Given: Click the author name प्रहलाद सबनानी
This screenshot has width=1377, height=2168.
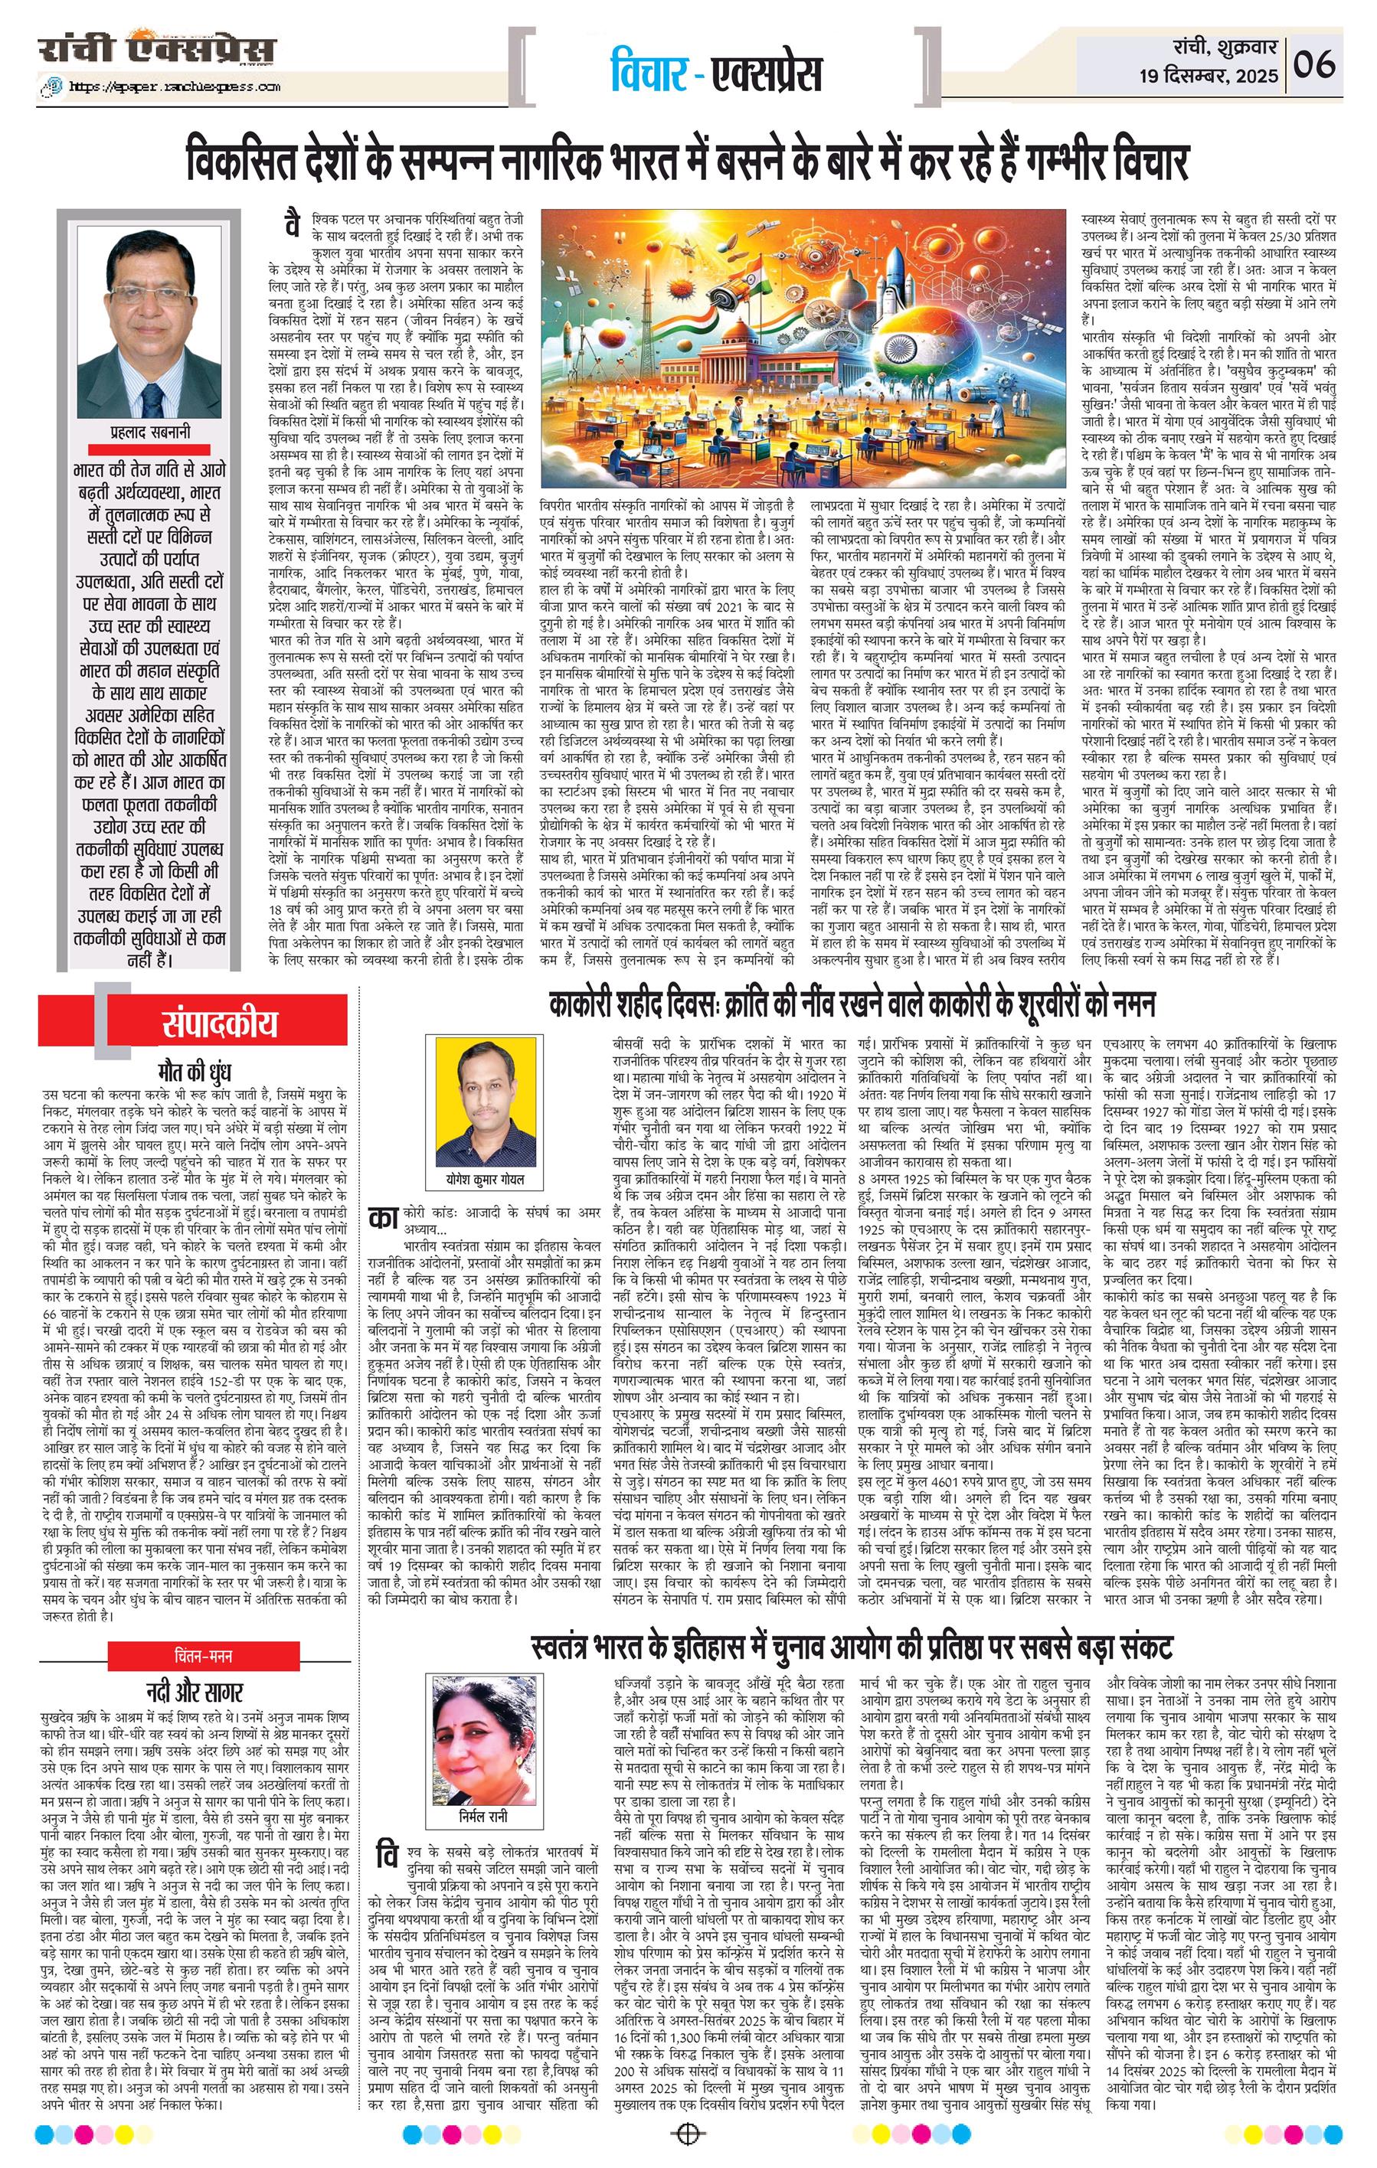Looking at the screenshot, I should click(x=148, y=433).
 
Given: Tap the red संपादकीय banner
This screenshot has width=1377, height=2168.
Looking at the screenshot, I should click(x=194, y=1024).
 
